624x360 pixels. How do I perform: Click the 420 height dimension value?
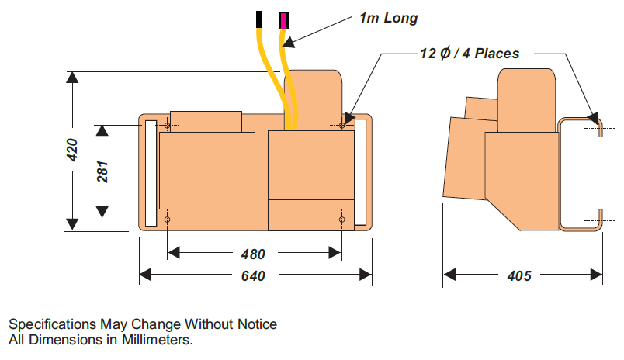coord(71,150)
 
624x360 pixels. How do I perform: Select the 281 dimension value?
coord(102,171)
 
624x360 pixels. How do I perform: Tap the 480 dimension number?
coord(253,254)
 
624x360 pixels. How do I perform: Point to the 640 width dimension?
coord(253,275)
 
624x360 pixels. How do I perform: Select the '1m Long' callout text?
coord(388,17)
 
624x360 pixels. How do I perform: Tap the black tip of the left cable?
coord(259,18)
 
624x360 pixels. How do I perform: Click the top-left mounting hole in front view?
coord(168,125)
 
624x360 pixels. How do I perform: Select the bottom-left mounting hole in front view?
coord(168,220)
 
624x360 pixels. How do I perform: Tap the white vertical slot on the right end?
coord(360,172)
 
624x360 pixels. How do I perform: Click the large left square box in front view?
coord(206,171)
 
